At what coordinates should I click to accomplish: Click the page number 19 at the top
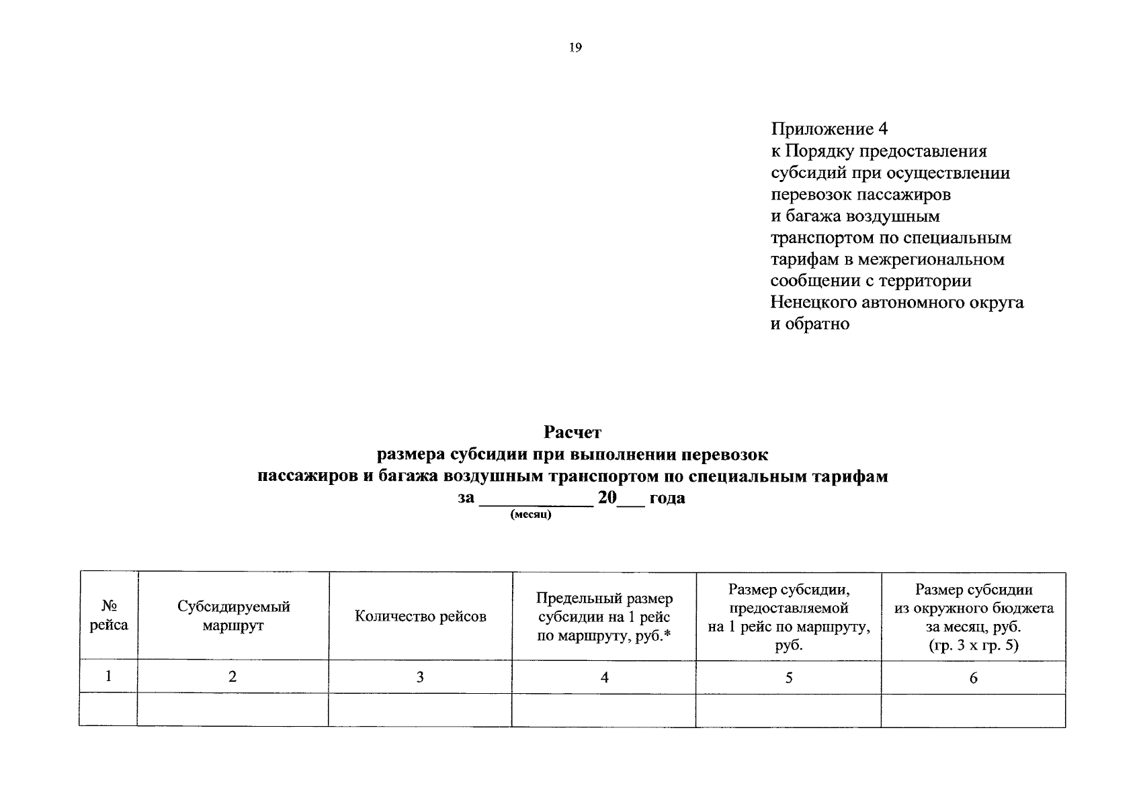coord(575,48)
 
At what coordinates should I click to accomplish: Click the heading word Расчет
coord(573,433)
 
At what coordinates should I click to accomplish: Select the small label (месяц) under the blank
coord(531,515)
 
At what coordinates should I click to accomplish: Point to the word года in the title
coord(667,498)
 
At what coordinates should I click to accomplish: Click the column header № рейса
coord(109,615)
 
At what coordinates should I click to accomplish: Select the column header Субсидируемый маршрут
coord(233,615)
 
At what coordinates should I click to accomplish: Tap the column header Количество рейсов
coord(420,617)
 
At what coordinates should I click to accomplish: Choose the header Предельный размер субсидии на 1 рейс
coord(604,617)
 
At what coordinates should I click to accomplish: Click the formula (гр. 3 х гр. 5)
coord(973,645)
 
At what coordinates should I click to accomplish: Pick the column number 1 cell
coord(109,676)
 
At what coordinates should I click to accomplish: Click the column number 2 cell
coord(233,677)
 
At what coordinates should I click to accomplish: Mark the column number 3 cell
coord(420,677)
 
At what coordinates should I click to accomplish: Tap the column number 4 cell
coord(604,678)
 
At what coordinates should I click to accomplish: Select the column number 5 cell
coord(788,678)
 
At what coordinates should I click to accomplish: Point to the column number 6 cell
coord(973,678)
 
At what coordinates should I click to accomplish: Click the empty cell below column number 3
coord(420,710)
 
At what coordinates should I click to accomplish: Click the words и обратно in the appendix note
coord(810,324)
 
